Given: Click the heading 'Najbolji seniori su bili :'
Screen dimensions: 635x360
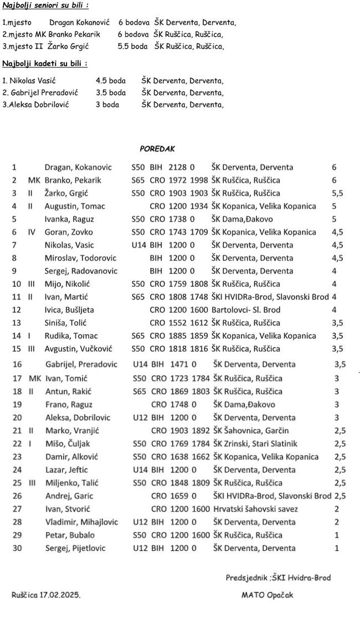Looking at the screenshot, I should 45,6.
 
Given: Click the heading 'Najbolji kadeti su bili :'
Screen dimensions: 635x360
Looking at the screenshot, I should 44,64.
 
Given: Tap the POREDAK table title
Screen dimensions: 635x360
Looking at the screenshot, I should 157,149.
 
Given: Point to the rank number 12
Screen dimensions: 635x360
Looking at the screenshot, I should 16,310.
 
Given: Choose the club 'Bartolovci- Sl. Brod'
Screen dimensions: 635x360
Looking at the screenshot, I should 246,310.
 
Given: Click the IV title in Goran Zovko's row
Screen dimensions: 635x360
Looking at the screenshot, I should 32,233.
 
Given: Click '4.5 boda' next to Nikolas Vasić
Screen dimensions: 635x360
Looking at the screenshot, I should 111,81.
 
